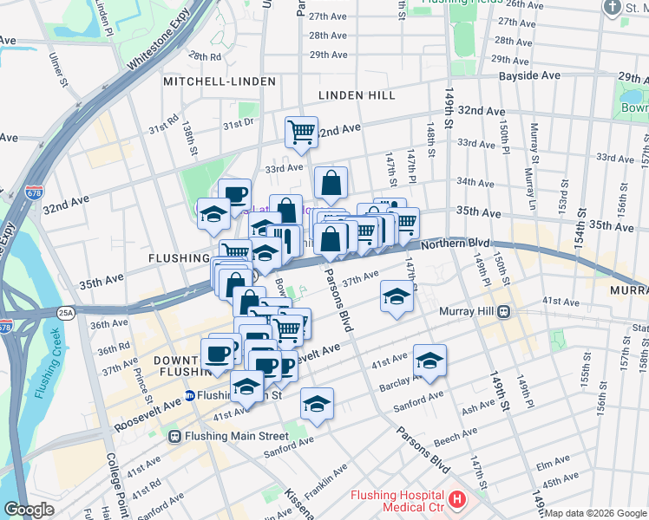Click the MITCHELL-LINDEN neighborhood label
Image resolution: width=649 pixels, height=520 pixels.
pyautogui.click(x=220, y=81)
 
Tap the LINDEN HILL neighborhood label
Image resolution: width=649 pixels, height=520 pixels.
pyautogui.click(x=357, y=95)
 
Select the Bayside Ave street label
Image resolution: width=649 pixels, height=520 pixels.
pyautogui.click(x=528, y=76)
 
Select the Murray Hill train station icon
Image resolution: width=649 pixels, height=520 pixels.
pyautogui.click(x=502, y=312)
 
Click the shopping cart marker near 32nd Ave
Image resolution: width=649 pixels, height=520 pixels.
pyautogui.click(x=301, y=133)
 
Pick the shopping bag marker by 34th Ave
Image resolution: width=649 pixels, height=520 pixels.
pyautogui.click(x=331, y=183)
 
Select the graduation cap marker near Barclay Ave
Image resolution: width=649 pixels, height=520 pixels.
pyautogui.click(x=429, y=361)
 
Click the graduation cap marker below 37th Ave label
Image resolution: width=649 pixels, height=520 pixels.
pyautogui.click(x=397, y=297)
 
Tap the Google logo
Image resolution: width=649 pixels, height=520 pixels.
pyautogui.click(x=29, y=510)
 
